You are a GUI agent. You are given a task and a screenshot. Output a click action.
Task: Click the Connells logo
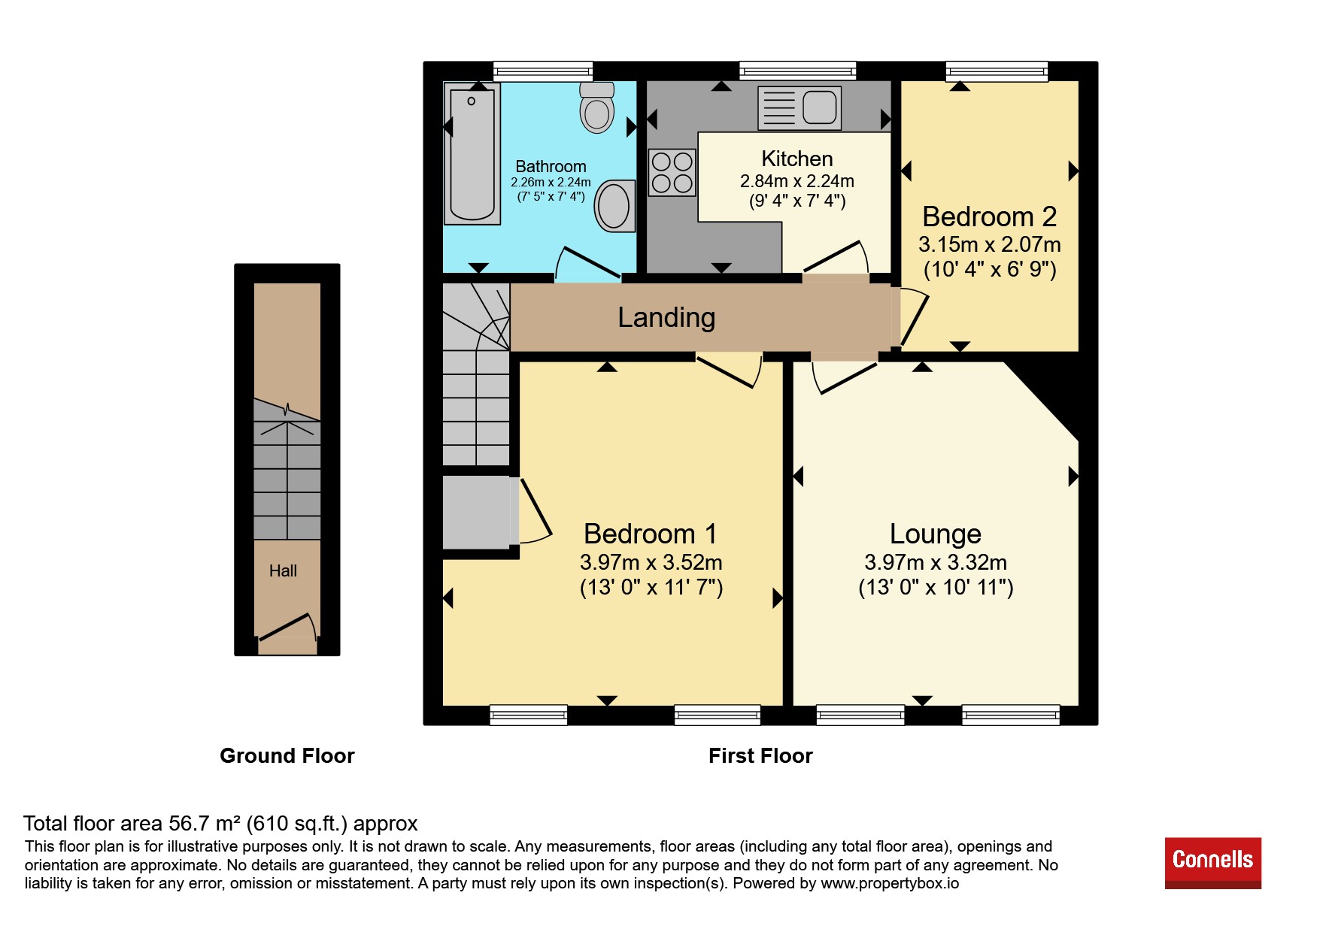coord(1212,863)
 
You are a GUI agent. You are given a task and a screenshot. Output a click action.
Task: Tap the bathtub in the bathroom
coord(472,154)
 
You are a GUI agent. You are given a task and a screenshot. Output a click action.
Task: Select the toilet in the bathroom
coord(597,107)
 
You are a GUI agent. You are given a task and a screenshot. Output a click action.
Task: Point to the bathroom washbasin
coord(614,205)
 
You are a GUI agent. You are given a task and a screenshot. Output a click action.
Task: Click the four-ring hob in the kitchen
coord(672,172)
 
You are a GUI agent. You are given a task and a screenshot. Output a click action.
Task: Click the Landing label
coord(666,317)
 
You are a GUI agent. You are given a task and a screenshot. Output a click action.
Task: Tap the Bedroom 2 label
coord(990,216)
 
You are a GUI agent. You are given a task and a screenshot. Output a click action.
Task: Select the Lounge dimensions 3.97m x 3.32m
coord(936,562)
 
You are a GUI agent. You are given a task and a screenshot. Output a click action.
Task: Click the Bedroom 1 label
coord(651,534)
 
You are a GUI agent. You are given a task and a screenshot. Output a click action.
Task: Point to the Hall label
coord(283,571)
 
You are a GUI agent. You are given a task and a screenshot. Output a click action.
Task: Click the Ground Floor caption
coord(287,755)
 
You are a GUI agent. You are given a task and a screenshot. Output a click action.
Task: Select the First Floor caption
coord(760,755)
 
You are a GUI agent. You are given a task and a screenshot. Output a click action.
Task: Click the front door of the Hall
coord(287,627)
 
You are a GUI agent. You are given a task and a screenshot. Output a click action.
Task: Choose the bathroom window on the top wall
coord(543,71)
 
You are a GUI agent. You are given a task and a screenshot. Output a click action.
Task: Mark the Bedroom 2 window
coord(997,71)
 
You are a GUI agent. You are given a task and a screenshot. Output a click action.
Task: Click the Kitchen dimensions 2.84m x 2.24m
coord(797,181)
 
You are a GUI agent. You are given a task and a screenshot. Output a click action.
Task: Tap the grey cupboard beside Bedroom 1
coord(476,512)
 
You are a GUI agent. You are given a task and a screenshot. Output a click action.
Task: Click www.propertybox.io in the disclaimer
coord(890,883)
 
